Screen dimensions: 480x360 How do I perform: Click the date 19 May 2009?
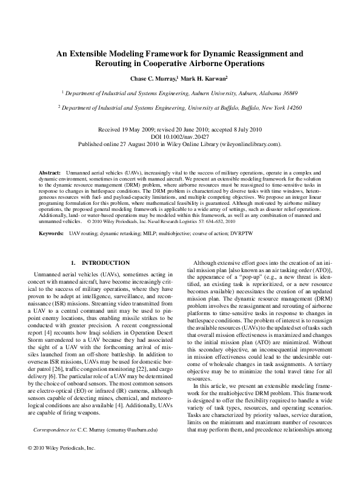point(141,130)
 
